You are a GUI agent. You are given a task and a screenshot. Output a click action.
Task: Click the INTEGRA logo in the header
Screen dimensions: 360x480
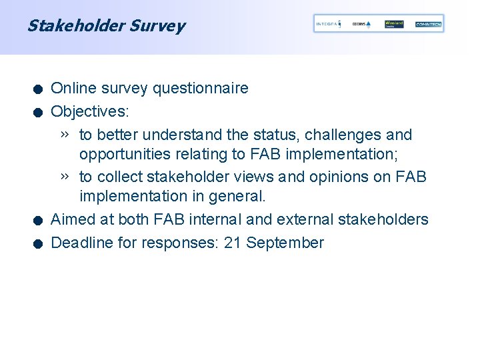(x=327, y=24)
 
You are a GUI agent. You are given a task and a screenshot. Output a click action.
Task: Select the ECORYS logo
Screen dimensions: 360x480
(x=361, y=24)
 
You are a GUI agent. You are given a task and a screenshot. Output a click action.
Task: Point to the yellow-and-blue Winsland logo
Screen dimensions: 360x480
(x=394, y=24)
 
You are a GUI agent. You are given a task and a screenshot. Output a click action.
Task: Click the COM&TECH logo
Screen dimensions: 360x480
(x=428, y=24)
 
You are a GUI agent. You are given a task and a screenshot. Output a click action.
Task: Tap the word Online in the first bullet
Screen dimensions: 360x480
(x=71, y=89)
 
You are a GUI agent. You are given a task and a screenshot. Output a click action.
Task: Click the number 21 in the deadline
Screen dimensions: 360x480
(x=233, y=243)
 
